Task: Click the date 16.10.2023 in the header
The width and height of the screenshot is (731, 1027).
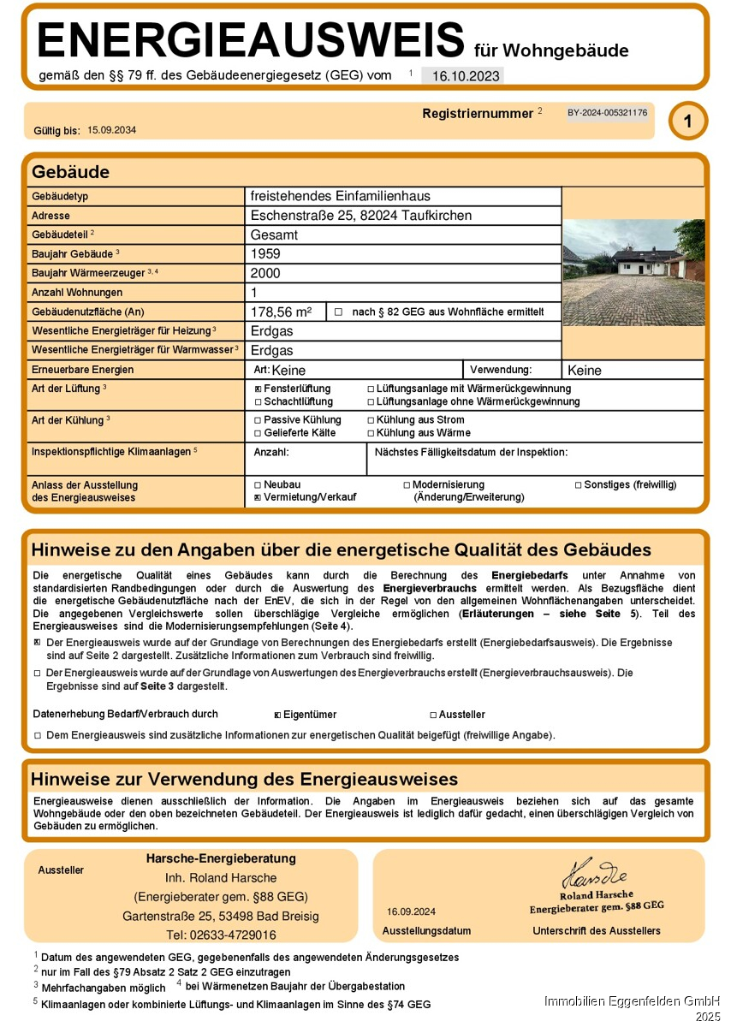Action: pos(466,75)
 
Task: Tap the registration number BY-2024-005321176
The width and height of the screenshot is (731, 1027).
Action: pos(607,113)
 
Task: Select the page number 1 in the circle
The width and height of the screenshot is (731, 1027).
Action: pos(687,122)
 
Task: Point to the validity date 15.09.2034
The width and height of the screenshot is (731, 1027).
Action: pos(112,130)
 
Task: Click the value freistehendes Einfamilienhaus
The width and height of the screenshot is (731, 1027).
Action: pos(340,196)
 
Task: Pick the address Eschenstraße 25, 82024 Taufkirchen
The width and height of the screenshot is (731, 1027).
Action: pos(360,216)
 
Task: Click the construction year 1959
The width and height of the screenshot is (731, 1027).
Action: pos(265,254)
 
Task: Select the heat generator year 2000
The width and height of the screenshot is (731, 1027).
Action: pos(265,274)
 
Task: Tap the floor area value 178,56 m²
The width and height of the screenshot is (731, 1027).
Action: pos(282,312)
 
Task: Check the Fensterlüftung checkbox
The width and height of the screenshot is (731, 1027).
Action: pos(258,389)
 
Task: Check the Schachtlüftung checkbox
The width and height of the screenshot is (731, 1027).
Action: pos(258,401)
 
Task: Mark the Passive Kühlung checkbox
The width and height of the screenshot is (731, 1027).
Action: pos(258,420)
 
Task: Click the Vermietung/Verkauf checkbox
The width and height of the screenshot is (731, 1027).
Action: pos(258,497)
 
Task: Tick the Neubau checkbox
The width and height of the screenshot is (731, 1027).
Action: pos(258,484)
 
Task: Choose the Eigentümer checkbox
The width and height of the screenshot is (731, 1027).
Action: pos(277,715)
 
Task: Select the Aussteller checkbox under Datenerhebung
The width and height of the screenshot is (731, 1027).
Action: pos(433,715)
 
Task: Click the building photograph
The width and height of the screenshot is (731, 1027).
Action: pos(633,272)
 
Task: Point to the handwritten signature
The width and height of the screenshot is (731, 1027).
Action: pos(595,875)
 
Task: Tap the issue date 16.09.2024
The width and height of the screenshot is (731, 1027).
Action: pos(411,911)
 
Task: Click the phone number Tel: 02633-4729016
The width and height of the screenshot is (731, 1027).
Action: pos(221,935)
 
